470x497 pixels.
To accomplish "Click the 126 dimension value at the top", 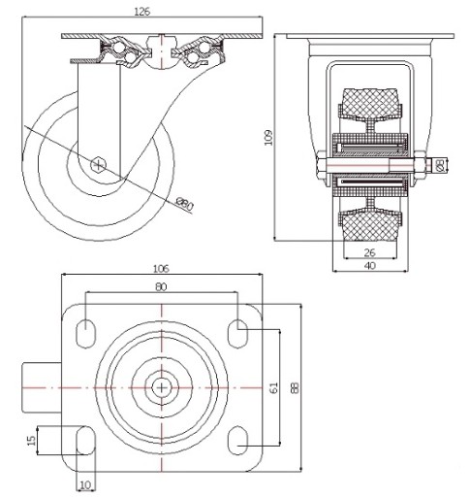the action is [x=142, y=12].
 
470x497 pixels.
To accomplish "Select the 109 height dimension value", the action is [x=268, y=138].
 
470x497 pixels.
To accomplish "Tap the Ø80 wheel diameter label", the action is [x=184, y=205].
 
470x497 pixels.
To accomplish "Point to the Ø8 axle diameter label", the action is [x=439, y=165].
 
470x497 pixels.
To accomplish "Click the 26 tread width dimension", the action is [x=369, y=252].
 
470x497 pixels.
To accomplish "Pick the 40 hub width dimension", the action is [x=370, y=266].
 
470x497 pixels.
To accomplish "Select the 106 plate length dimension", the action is [x=161, y=268].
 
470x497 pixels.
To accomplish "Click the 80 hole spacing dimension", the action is [x=161, y=286].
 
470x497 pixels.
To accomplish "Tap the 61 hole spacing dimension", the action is [x=273, y=387].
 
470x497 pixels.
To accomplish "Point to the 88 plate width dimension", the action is [x=296, y=387].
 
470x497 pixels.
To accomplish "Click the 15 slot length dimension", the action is [x=31, y=441].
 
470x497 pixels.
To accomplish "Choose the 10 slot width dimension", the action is [x=85, y=485].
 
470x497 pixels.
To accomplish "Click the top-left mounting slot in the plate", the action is [x=86, y=334].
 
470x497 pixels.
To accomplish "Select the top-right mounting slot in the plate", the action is [x=237, y=334].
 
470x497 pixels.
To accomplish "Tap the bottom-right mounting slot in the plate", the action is [x=237, y=441].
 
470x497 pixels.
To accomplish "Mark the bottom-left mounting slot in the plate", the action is [x=86, y=441].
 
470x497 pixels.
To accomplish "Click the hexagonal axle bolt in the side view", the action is [x=98, y=165].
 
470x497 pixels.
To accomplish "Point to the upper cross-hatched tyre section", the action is [x=370, y=104].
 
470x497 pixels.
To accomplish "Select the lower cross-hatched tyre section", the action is [x=370, y=224].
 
